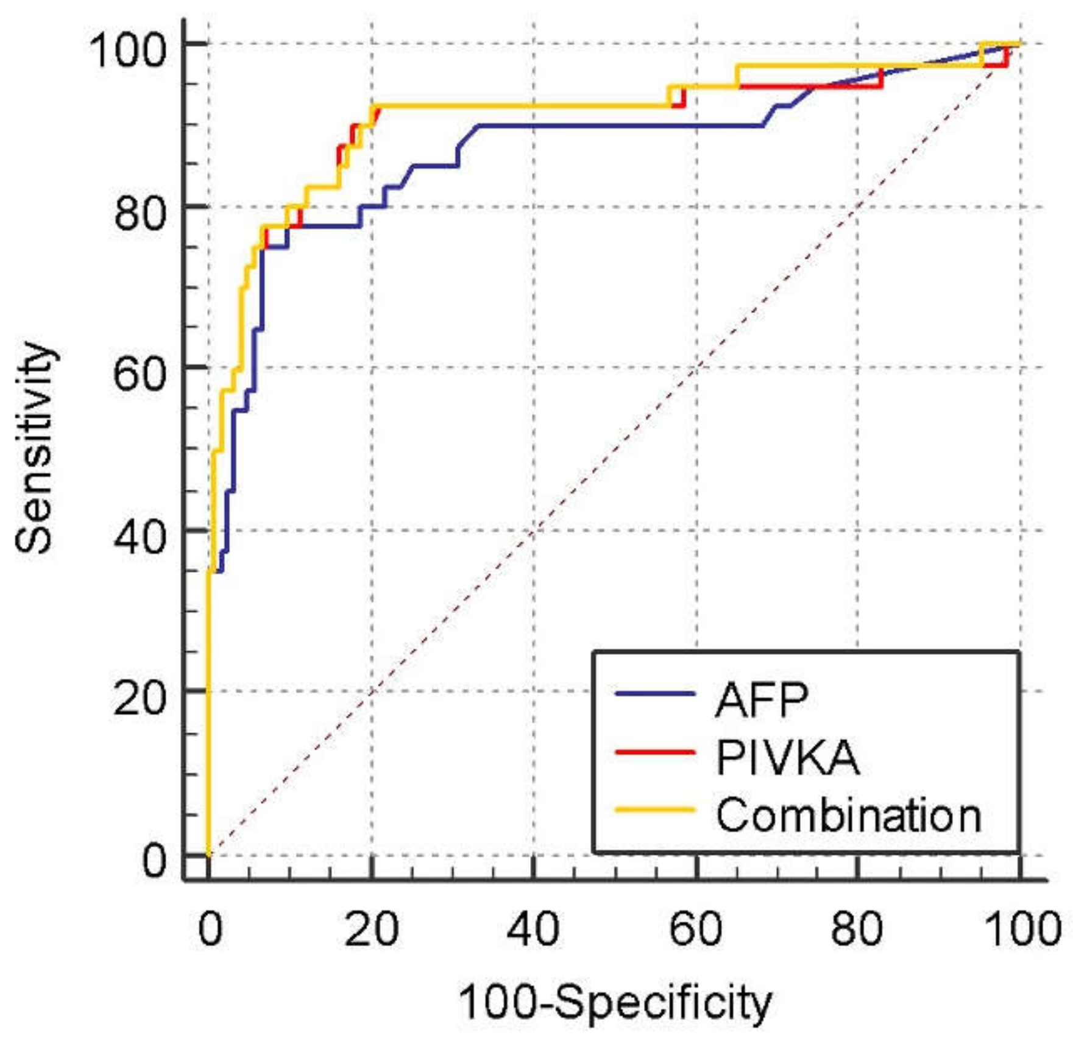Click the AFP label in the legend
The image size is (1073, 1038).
click(762, 700)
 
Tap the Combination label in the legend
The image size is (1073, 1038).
click(848, 815)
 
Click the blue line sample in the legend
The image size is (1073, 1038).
click(655, 694)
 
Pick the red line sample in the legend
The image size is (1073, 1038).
click(655, 752)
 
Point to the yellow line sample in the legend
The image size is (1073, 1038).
click(655, 810)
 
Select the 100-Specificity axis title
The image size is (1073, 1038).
click(615, 1003)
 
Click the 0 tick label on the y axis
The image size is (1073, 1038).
click(154, 861)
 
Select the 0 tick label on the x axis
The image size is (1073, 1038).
click(210, 930)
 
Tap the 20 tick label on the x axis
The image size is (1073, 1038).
click(371, 930)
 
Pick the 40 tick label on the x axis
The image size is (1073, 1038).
click(533, 930)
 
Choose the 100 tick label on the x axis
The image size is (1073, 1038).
click(1022, 930)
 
